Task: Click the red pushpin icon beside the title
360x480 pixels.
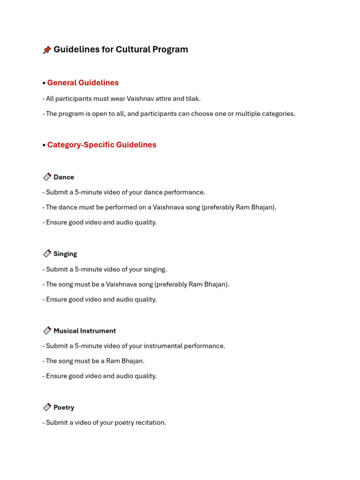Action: [47, 50]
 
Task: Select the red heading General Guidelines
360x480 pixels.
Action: [83, 83]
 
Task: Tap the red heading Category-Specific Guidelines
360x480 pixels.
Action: [102, 145]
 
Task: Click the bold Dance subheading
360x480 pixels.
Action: [64, 177]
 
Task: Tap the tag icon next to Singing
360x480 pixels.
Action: [47, 254]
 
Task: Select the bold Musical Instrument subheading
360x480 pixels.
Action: [84, 331]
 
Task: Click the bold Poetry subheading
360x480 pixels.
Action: [64, 408]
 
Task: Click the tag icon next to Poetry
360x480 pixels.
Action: [47, 407]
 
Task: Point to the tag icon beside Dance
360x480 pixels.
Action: [47, 177]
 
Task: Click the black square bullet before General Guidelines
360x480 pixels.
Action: [44, 83]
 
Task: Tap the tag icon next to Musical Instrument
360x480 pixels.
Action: [47, 330]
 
